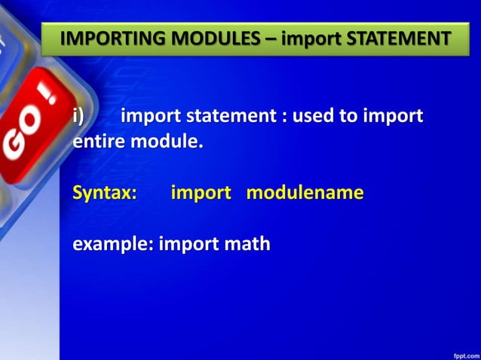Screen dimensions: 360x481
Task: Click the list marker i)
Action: tap(78, 117)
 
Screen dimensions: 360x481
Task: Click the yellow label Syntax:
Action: tap(105, 193)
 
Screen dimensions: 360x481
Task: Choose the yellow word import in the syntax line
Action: tap(201, 193)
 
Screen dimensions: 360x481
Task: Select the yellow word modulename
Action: tap(305, 193)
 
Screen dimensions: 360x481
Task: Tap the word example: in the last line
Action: tap(112, 245)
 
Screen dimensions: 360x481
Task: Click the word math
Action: tap(246, 245)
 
